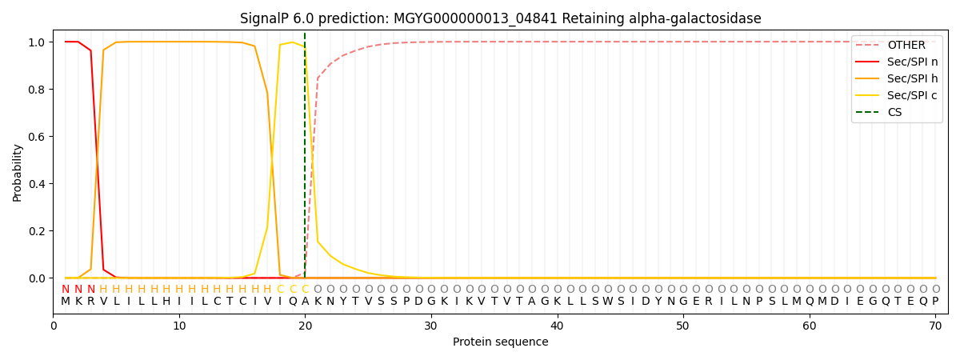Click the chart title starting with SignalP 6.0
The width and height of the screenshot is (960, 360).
click(x=500, y=18)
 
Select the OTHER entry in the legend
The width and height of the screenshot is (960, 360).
click(x=897, y=45)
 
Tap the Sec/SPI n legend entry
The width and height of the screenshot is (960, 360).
click(x=897, y=62)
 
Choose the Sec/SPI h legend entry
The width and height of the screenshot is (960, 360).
click(x=897, y=78)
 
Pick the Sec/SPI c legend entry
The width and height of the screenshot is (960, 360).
click(x=897, y=95)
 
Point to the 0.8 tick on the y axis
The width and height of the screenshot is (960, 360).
click(x=37, y=90)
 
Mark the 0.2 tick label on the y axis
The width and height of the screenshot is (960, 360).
click(x=37, y=231)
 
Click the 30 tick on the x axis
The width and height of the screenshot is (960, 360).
click(x=430, y=326)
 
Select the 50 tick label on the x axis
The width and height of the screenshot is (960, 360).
click(x=682, y=326)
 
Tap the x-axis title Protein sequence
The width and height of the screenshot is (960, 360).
click(x=501, y=342)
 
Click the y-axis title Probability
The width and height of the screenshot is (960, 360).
click(x=17, y=173)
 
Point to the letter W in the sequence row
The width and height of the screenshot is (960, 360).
click(x=608, y=301)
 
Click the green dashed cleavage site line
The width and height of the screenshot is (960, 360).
click(x=305, y=155)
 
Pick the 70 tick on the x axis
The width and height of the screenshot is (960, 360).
click(x=935, y=326)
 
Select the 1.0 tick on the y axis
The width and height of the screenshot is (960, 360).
click(x=37, y=42)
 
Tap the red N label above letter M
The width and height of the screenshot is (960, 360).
click(x=65, y=289)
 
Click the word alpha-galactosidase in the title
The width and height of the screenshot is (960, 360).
click(x=695, y=18)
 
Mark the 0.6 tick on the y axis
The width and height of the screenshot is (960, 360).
click(x=37, y=137)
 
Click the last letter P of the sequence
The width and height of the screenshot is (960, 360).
click(x=935, y=301)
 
